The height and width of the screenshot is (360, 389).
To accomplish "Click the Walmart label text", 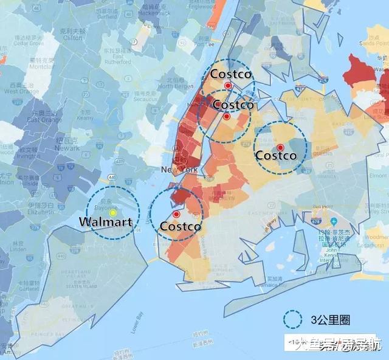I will click(106, 222).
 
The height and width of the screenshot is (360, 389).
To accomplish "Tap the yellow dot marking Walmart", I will click(112, 212).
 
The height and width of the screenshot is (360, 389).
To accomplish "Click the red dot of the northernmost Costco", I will click(227, 86).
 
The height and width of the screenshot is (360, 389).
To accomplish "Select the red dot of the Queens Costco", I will click(280, 147).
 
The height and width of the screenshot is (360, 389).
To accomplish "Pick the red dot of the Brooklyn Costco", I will click(176, 214).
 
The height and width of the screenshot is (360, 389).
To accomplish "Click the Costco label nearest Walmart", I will click(181, 226).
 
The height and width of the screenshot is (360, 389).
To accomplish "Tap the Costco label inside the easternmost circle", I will click(276, 156).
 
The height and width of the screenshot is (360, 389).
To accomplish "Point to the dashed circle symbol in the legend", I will click(294, 318).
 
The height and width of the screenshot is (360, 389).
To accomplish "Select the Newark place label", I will click(67, 147).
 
